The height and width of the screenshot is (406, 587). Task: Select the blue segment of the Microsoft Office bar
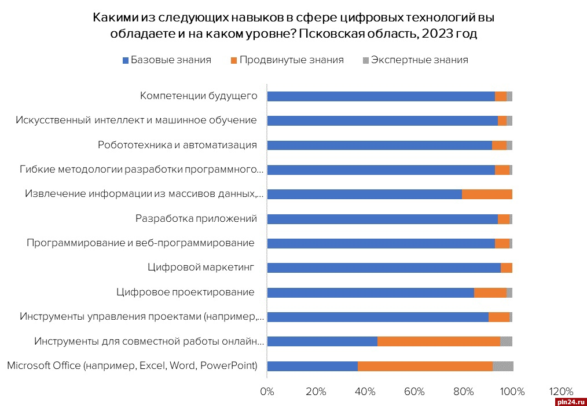[312, 366]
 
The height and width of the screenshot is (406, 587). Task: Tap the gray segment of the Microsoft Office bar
[502, 366]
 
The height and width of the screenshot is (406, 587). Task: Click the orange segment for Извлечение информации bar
[487, 194]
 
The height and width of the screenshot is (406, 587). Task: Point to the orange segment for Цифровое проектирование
[490, 292]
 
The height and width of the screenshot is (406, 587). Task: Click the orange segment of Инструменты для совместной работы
[438, 341]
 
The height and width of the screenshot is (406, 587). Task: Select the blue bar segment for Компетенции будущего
[380, 96]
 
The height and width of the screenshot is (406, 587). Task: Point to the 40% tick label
[365, 392]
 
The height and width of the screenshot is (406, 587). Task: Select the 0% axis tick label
[267, 392]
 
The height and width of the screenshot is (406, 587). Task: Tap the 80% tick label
[463, 392]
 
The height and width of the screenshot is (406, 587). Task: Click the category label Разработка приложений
[196, 218]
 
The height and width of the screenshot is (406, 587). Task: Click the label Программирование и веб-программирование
[141, 243]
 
